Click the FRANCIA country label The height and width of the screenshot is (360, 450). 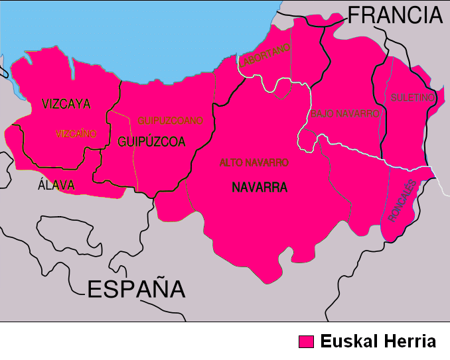tap(394, 14)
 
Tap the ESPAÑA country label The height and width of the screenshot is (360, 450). tap(136, 288)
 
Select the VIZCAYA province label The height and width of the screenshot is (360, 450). tap(66, 103)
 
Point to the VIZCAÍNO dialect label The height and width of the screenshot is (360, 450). tap(76, 133)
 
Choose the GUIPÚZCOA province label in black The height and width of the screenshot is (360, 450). tap(151, 141)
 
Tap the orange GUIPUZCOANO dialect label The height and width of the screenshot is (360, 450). tap(170, 121)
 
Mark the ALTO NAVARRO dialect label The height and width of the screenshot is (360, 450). tap(254, 162)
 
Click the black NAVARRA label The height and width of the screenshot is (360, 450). tap(260, 188)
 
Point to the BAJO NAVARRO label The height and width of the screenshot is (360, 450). tap(344, 113)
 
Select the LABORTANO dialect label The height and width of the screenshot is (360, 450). tap(265, 55)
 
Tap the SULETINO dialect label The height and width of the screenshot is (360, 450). tap(412, 97)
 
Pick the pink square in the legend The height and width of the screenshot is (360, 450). tap(306, 341)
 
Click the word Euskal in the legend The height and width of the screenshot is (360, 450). tap(347, 341)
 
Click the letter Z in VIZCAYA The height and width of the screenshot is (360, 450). tap(58, 103)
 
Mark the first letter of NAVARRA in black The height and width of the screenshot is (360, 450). tap(236, 188)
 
